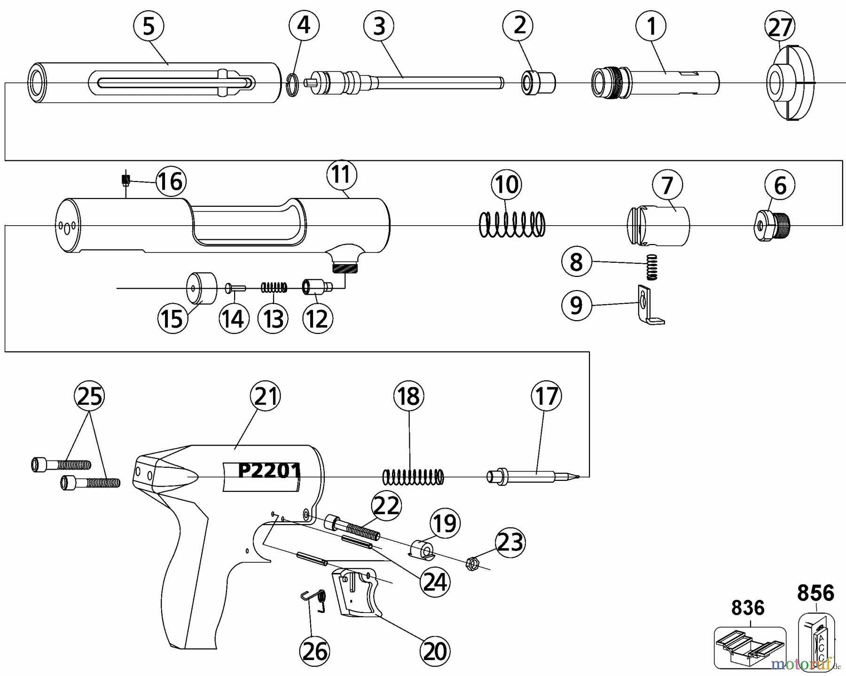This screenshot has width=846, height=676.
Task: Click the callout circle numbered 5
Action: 149,26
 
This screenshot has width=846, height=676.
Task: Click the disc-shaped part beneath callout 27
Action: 790,83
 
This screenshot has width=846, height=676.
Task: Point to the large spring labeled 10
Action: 512,224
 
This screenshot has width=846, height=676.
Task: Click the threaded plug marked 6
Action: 773,225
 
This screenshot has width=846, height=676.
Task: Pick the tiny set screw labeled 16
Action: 125,180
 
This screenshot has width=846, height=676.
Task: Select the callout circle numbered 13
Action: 273,318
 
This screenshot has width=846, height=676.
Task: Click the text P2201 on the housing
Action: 269,471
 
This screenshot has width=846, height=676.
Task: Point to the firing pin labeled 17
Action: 531,476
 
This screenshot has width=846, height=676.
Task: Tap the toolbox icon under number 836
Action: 749,646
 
